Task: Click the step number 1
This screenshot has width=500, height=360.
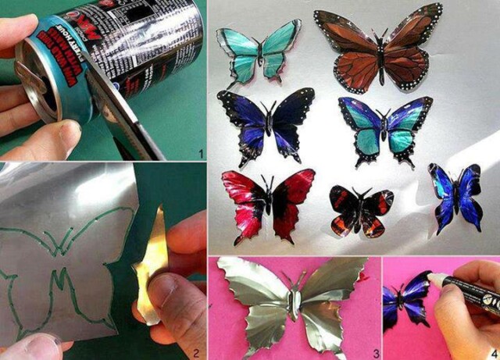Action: click(x=201, y=154)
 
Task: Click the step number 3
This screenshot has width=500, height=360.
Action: click(x=375, y=352)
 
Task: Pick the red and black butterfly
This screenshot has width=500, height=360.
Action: click(x=267, y=201)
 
